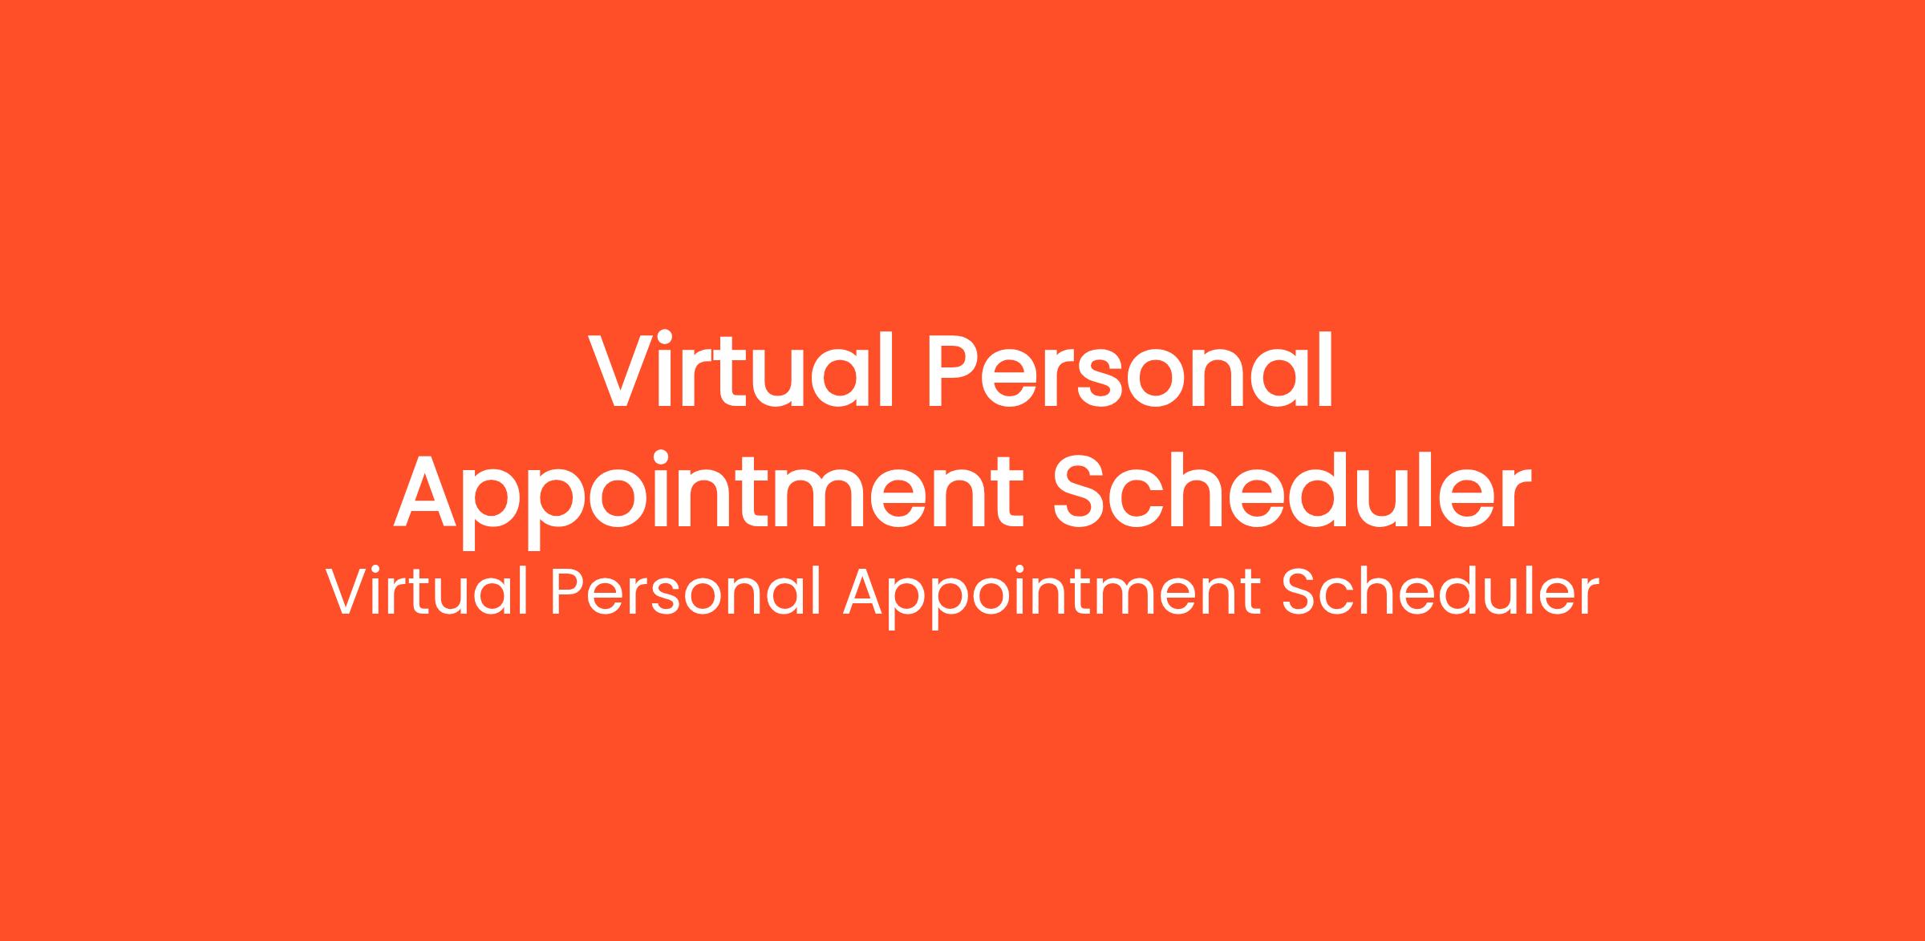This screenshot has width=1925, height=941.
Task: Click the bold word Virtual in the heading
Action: click(x=740, y=369)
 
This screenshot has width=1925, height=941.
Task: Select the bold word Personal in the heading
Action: click(x=1130, y=369)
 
